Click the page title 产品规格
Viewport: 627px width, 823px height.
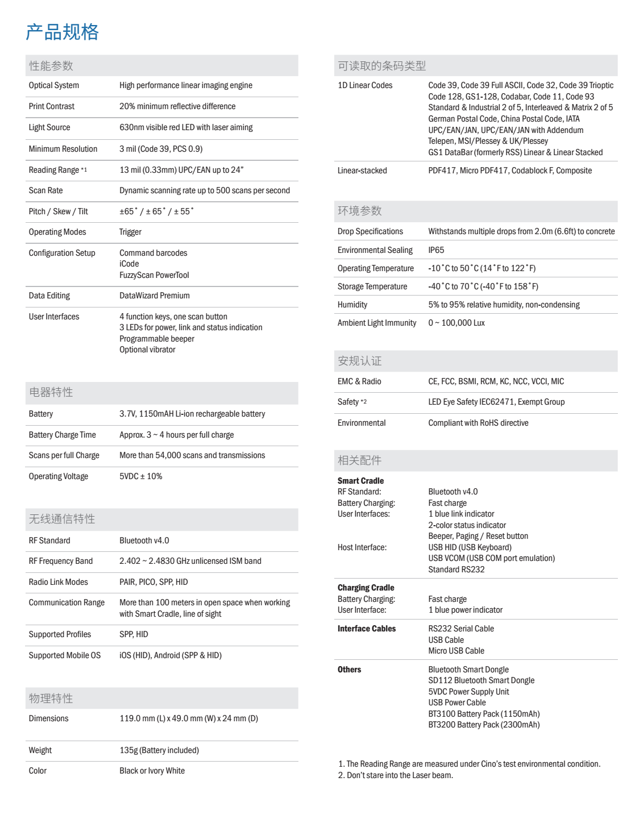coord(63,32)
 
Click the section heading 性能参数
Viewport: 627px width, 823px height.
coord(51,66)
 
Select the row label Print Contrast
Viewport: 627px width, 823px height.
coord(52,106)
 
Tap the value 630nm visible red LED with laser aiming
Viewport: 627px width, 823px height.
coord(186,127)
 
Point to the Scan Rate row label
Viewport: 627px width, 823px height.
coord(46,190)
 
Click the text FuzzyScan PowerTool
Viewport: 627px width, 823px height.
coord(154,275)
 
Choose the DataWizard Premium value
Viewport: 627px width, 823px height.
coord(155,296)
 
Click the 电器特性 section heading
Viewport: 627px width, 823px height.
coord(51,392)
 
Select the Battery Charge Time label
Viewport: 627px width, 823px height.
coord(63,435)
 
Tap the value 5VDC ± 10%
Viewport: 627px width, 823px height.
coord(141,476)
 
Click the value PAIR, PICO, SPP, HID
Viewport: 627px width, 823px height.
coord(153,582)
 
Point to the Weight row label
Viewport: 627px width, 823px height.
coord(40,750)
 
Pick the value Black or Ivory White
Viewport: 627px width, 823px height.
coord(152,771)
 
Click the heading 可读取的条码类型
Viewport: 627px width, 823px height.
coord(381,66)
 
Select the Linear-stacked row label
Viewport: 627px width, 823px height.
coord(362,171)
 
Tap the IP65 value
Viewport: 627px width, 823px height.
coord(436,250)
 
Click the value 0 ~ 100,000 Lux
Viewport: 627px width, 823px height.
coord(456,323)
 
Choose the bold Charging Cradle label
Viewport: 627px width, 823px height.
coord(366,588)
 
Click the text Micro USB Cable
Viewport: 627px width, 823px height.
coord(456,651)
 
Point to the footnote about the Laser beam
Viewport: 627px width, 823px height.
coord(396,775)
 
